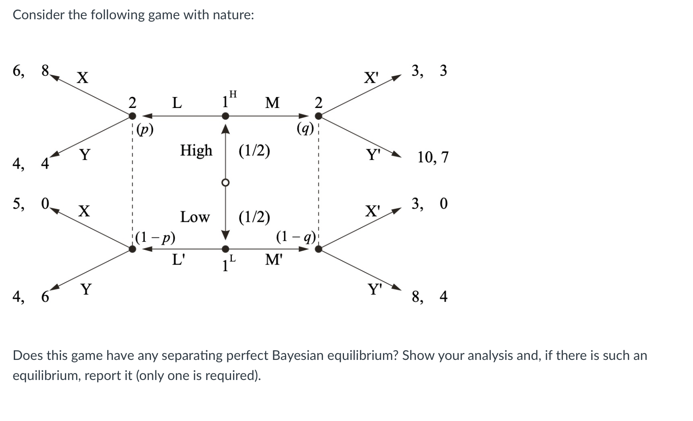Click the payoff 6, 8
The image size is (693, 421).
pyautogui.click(x=31, y=71)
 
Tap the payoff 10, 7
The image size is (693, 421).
pyautogui.click(x=433, y=157)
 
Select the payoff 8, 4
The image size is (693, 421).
pyautogui.click(x=429, y=297)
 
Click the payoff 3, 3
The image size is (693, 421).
pyautogui.click(x=429, y=71)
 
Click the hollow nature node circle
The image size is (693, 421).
pyautogui.click(x=226, y=182)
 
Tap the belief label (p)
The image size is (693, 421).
pyautogui.click(x=145, y=130)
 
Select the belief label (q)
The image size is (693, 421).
pyautogui.click(x=305, y=128)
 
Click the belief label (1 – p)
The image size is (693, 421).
pyautogui.click(x=155, y=237)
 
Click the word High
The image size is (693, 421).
pyautogui.click(x=196, y=150)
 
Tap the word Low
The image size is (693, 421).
pyautogui.click(x=195, y=217)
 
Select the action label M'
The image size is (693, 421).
pyautogui.click(x=274, y=260)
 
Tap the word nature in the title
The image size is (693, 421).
pyautogui.click(x=233, y=15)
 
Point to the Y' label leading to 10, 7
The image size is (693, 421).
pyautogui.click(x=373, y=155)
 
